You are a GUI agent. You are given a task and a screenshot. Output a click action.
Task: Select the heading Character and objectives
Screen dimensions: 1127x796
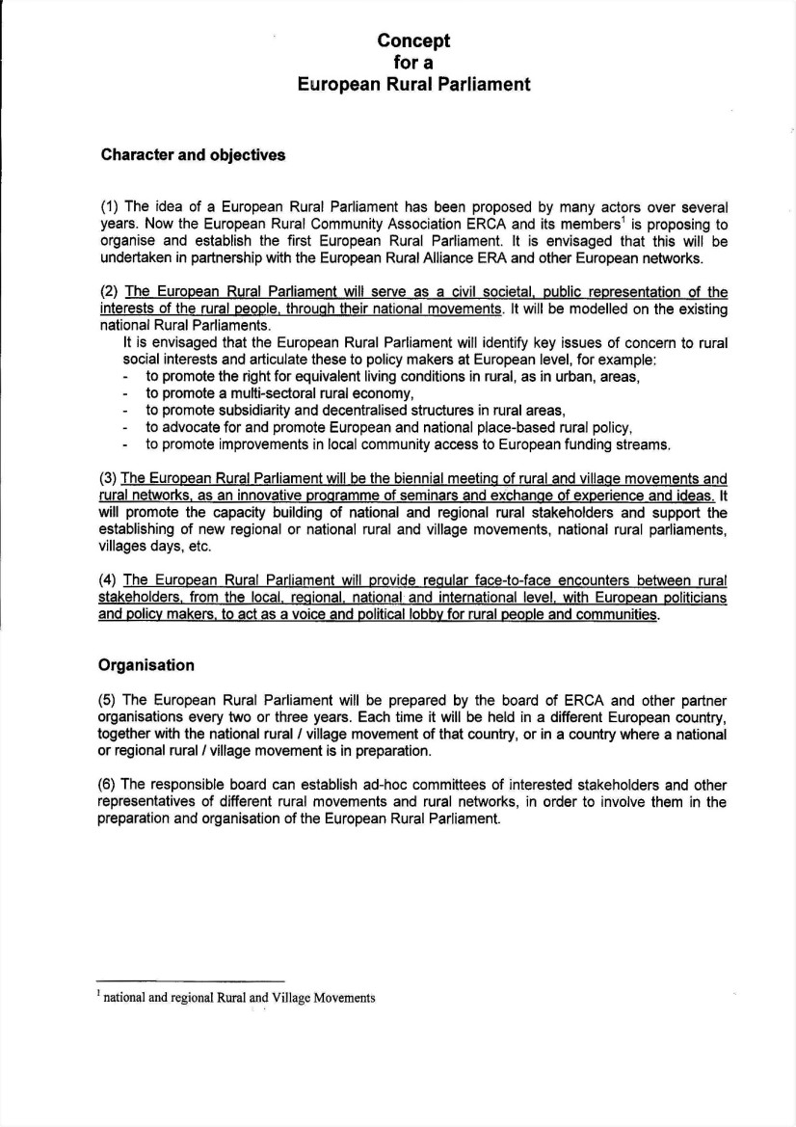(x=193, y=155)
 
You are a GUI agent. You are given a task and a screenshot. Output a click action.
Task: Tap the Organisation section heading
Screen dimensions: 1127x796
(x=146, y=665)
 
